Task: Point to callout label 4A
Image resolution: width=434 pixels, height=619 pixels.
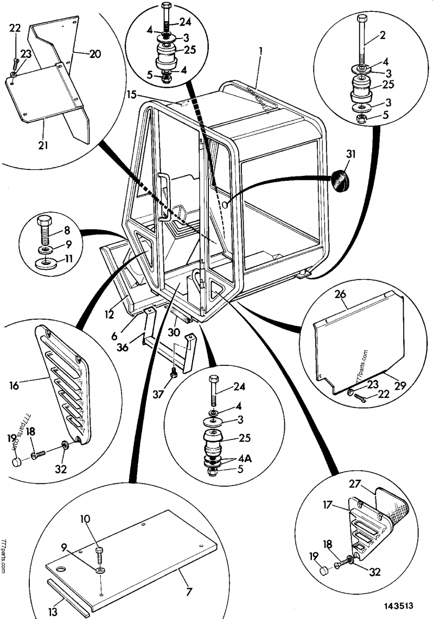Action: point(244,458)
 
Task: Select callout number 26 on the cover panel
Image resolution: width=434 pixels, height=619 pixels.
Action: point(340,296)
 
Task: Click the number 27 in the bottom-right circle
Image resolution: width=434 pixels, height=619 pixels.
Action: point(355,484)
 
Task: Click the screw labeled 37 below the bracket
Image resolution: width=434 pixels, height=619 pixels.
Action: point(173,374)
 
